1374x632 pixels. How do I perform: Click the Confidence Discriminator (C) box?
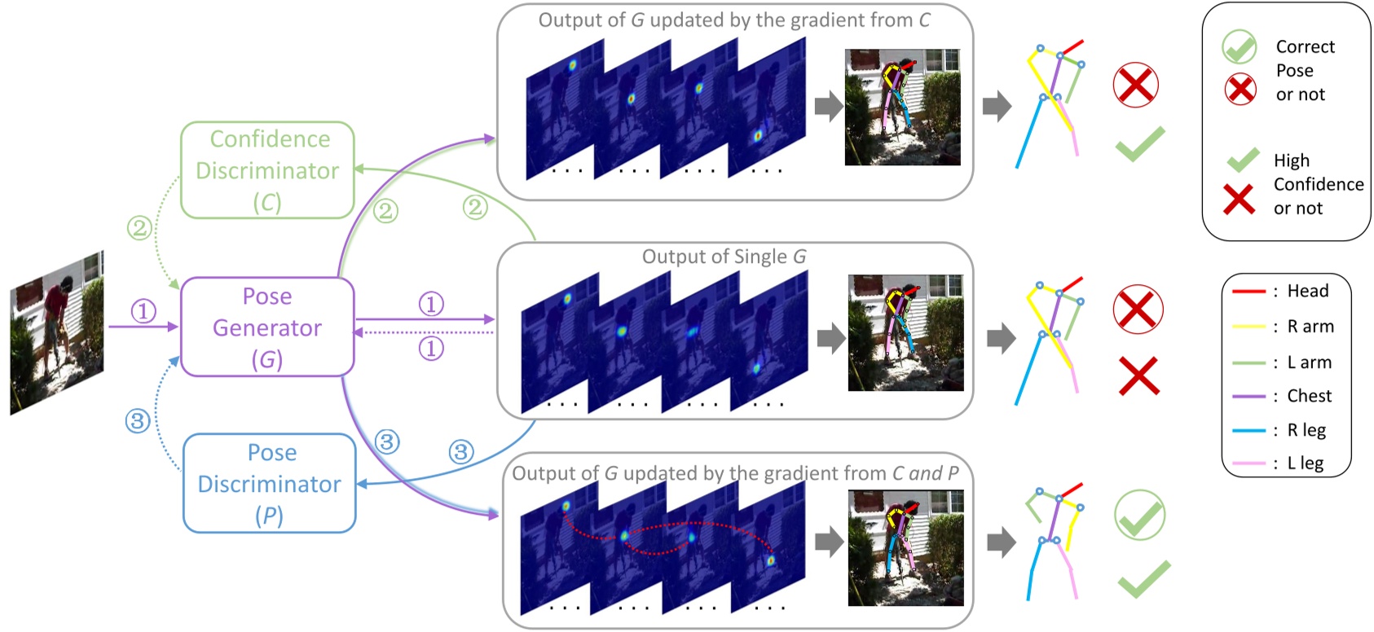[x=267, y=170]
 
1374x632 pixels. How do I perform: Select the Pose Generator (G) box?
[x=267, y=327]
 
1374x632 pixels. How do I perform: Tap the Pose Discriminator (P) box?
[x=270, y=484]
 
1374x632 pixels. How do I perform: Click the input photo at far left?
[x=57, y=333]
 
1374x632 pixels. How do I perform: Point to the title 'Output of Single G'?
[x=724, y=257]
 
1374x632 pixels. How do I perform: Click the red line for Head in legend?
[x=1248, y=292]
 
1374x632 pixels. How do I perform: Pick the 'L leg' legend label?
[x=1305, y=463]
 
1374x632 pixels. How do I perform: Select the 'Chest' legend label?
[x=1309, y=396]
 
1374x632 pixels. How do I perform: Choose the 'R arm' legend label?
[x=1310, y=327]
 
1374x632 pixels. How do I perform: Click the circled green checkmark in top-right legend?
[x=1240, y=47]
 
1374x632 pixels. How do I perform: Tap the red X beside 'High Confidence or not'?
[x=1239, y=199]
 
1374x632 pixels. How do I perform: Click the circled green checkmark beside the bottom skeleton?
[x=1139, y=515]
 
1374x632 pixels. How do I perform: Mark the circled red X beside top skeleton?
[x=1136, y=85]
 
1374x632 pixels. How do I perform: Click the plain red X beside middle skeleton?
[x=1138, y=375]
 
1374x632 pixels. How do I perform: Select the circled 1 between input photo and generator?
[x=143, y=311]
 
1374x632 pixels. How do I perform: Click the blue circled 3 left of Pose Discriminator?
[x=138, y=421]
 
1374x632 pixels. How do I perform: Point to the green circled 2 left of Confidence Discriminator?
[x=139, y=227]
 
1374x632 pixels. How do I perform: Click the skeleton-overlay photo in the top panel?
[x=902, y=108]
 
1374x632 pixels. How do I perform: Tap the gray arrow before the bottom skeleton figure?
[x=1001, y=542]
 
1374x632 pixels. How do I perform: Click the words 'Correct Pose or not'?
[x=1304, y=71]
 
